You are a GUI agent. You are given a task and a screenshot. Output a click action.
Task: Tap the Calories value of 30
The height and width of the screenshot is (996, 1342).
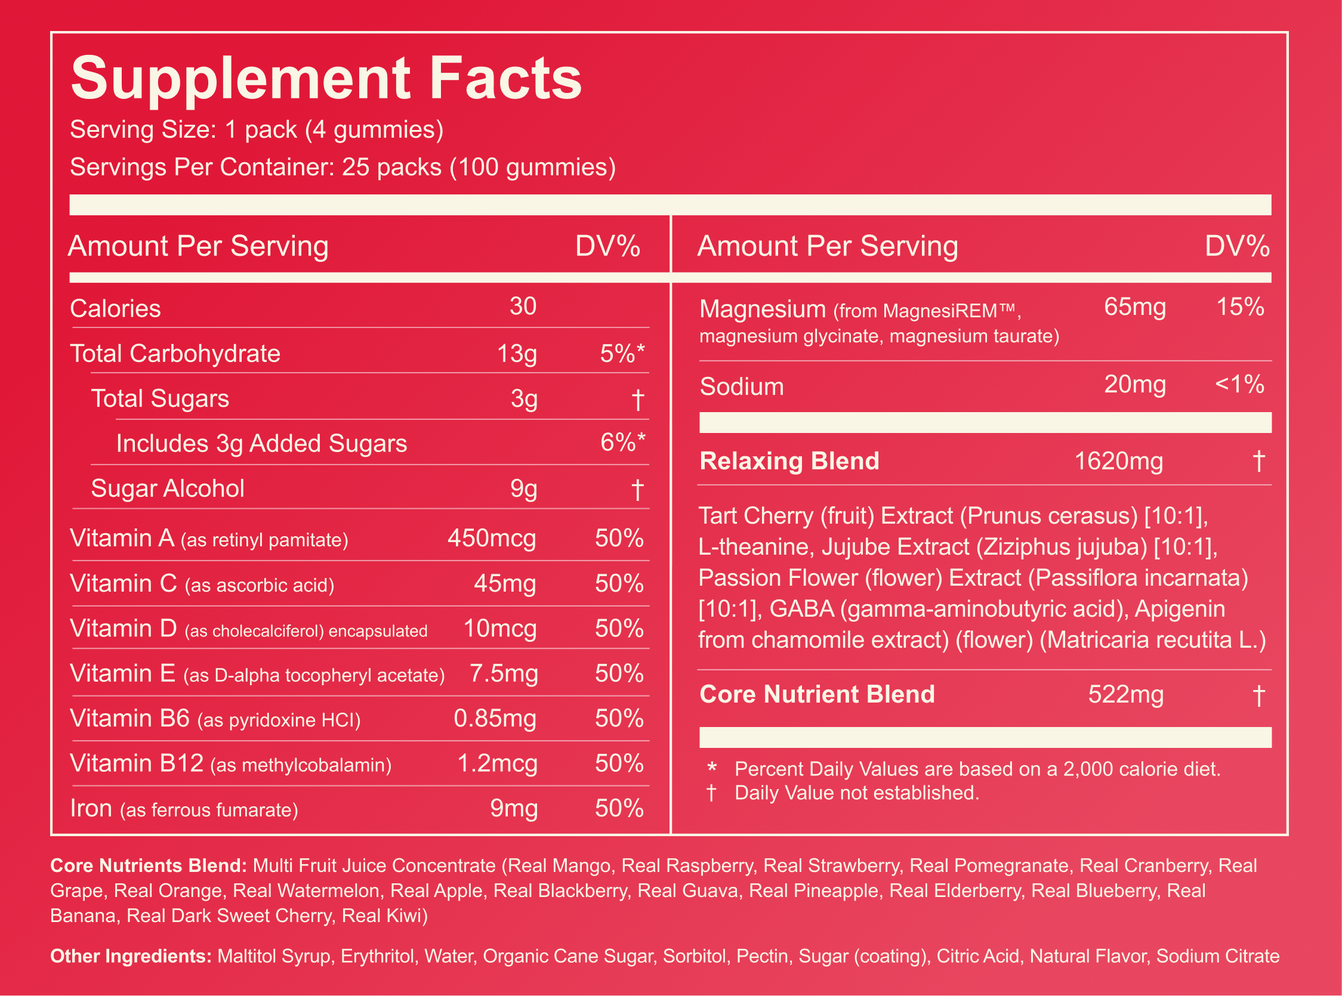[523, 307]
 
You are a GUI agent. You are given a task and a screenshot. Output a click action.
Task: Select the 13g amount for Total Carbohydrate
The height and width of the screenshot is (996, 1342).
[517, 354]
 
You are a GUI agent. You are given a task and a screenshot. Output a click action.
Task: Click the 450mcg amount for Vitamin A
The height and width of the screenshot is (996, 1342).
[492, 538]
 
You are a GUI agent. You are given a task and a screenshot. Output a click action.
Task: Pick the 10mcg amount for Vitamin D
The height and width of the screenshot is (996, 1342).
[500, 629]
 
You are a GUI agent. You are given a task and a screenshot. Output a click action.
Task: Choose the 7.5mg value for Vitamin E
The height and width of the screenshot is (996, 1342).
[504, 673]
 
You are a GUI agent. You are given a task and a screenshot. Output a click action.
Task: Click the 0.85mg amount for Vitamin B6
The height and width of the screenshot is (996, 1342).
[495, 719]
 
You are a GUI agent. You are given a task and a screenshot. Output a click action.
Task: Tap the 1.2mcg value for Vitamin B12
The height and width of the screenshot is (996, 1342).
[498, 764]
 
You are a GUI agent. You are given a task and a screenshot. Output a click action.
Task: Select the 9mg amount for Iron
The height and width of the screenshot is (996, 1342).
[514, 809]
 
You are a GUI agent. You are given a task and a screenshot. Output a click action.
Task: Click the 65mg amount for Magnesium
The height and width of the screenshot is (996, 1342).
[1135, 308]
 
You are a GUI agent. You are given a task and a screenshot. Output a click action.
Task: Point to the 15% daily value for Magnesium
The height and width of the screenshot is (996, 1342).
[1240, 307]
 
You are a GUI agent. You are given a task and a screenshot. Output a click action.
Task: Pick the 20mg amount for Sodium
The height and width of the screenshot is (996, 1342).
[1135, 385]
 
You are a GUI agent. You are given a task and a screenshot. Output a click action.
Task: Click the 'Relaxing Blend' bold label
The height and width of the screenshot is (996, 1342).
[789, 461]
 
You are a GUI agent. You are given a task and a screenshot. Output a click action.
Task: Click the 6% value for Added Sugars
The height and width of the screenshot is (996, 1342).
[622, 443]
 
